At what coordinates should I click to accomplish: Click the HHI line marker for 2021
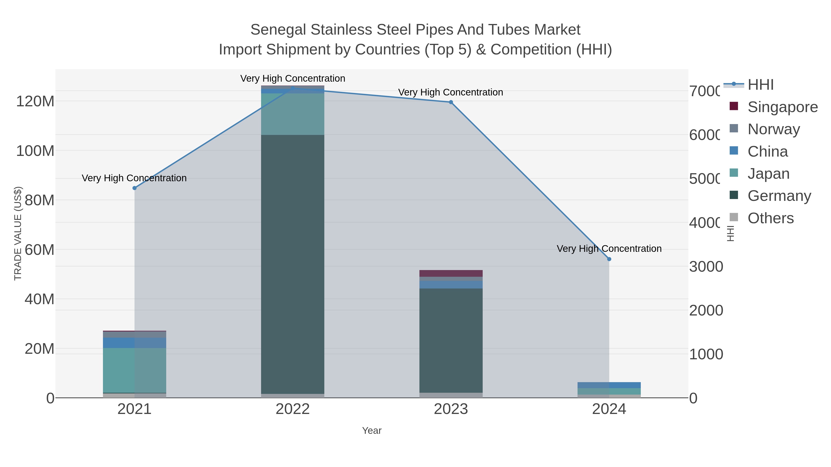coord(135,188)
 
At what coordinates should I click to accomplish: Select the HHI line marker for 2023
coord(451,102)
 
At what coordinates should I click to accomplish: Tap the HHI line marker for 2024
coord(609,259)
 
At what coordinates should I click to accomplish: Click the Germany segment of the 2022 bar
coord(293,264)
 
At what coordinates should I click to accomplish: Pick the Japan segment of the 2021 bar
coord(135,370)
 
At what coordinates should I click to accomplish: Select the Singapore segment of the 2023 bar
coord(451,273)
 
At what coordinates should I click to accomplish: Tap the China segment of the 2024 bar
coord(609,385)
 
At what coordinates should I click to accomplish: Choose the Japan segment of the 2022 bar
coord(293,114)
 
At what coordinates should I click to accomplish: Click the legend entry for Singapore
coord(782,107)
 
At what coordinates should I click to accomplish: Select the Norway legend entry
coord(773,129)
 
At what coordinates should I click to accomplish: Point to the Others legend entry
coord(770,218)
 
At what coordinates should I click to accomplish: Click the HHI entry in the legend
coord(760,85)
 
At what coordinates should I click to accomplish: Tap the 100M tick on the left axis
coord(35,151)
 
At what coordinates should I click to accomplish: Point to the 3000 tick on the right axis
coord(706,267)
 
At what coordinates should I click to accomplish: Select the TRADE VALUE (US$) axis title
coord(18,233)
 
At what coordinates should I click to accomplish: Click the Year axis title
coord(372,431)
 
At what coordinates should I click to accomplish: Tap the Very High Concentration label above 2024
coord(609,248)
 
